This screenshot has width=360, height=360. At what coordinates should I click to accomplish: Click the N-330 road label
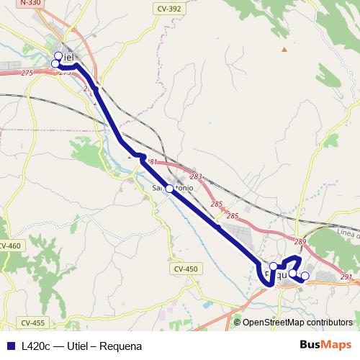(x=30, y=4)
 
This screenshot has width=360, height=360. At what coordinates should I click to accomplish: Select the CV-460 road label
(x=10, y=246)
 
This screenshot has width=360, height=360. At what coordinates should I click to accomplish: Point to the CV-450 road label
(x=185, y=269)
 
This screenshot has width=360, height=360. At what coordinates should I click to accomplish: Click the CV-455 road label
(x=32, y=323)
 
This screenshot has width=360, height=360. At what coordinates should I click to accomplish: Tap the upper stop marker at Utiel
(x=58, y=55)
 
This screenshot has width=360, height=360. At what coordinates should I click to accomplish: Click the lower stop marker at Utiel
(x=55, y=64)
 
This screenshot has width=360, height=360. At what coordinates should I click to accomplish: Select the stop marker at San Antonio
(x=170, y=188)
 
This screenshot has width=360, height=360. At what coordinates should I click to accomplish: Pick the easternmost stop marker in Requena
(x=305, y=276)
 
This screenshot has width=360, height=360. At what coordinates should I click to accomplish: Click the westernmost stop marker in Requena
(x=273, y=266)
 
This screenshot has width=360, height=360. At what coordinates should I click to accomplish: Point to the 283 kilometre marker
(x=196, y=176)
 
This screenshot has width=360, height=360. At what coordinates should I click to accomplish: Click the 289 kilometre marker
(x=300, y=241)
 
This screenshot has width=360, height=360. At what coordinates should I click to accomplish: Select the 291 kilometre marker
(x=346, y=276)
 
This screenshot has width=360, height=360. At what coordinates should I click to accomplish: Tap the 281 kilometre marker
(x=152, y=163)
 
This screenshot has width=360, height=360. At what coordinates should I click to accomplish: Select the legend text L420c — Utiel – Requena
(x=81, y=346)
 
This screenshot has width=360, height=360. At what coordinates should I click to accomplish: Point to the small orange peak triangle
(x=284, y=49)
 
